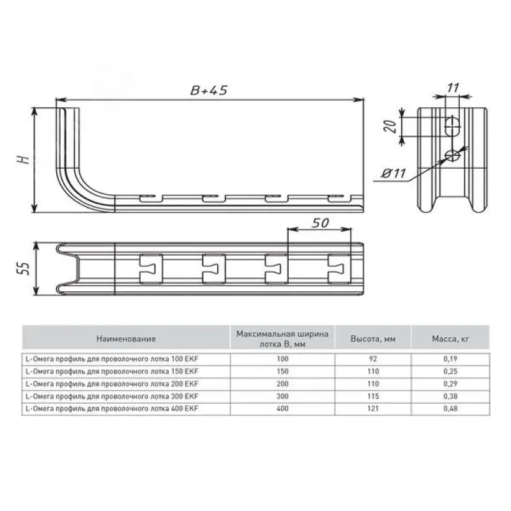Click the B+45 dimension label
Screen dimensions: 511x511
[x=209, y=90]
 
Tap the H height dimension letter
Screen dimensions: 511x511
[x=24, y=159]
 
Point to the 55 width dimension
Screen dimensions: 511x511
[x=23, y=268]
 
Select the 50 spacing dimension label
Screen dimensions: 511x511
[x=320, y=223]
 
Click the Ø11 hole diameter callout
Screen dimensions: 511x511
[x=394, y=173]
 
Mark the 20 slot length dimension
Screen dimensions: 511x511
[x=390, y=126]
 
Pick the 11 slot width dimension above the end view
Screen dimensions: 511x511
[x=453, y=88]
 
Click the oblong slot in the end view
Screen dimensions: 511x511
[x=453, y=126]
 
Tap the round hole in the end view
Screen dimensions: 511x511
[x=453, y=155]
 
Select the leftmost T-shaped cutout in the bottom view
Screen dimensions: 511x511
[x=151, y=269]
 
